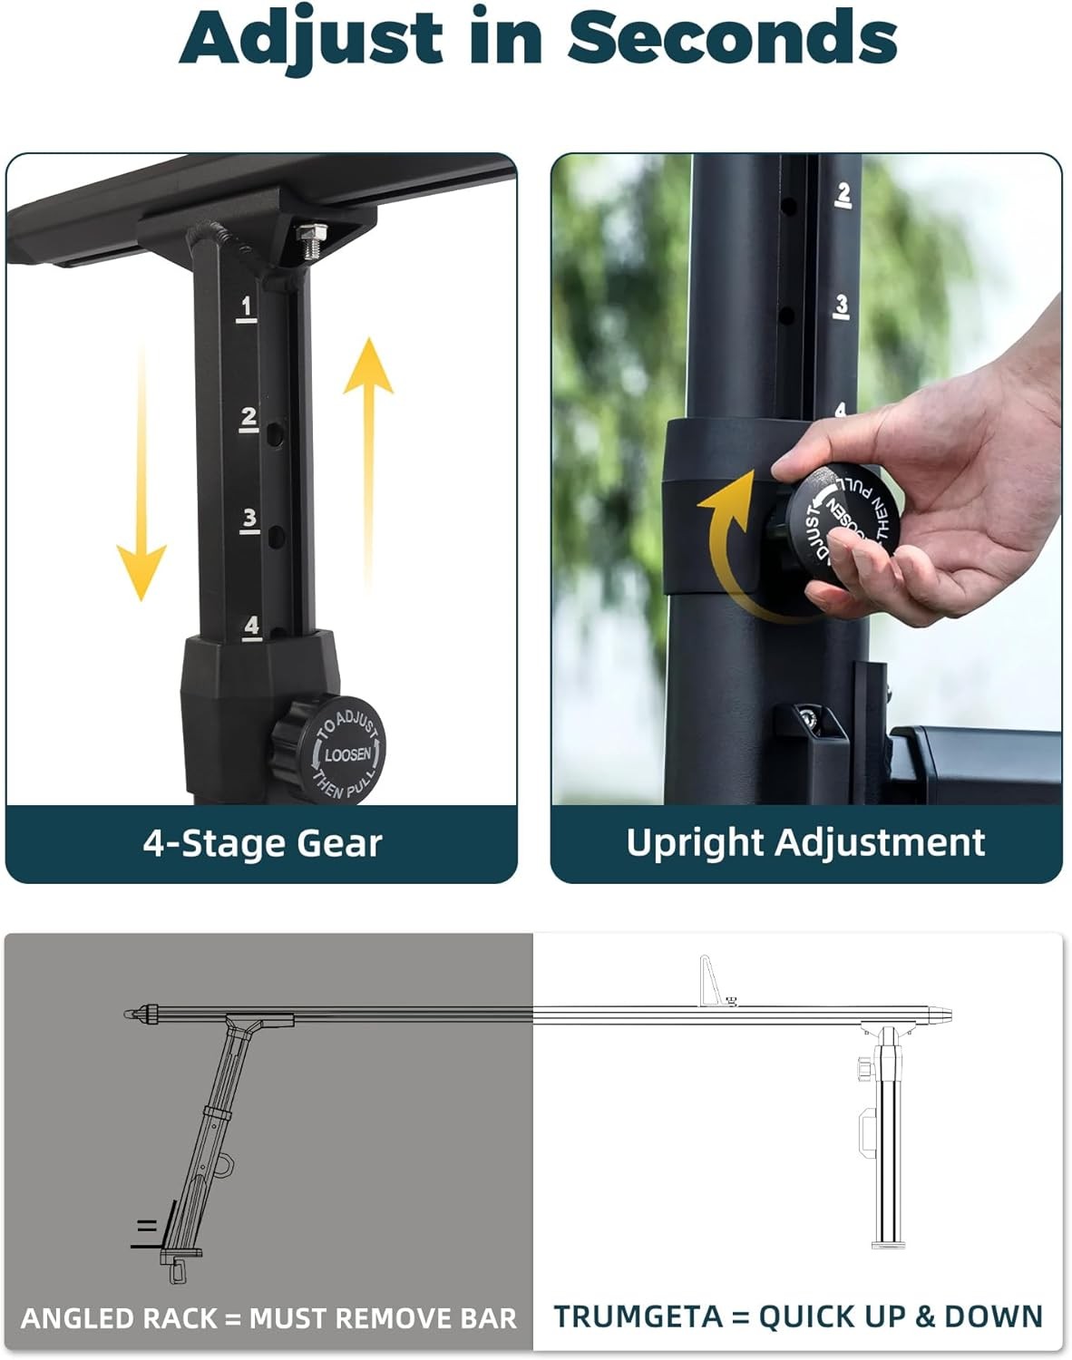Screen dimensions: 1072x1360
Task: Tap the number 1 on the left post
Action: coord(246,308)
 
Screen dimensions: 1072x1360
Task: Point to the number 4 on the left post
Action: coord(251,627)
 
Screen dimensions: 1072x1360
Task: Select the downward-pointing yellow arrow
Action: coord(141,474)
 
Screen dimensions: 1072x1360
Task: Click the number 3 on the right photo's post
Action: coord(842,306)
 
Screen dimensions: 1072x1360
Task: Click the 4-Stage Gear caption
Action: coord(263,844)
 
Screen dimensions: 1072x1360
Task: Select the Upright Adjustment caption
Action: coord(806,842)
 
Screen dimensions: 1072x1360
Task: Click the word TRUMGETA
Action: coord(638,1316)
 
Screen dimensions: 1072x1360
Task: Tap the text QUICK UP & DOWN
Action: coord(900,1316)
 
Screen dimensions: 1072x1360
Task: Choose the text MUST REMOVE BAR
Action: coord(383,1318)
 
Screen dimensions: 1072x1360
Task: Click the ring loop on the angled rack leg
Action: coord(226,1165)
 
